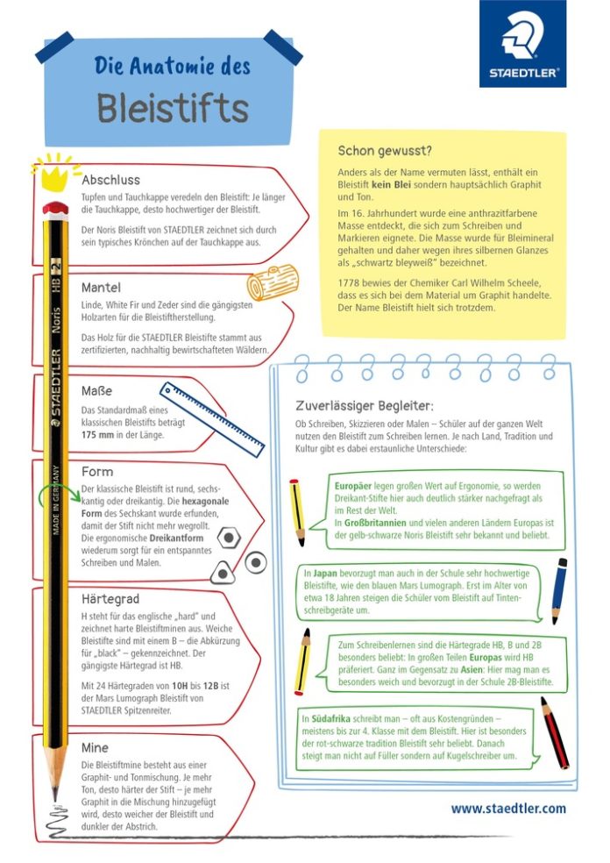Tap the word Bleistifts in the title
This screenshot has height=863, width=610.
173,109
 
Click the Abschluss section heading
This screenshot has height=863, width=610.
110,180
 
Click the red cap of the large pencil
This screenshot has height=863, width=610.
55,210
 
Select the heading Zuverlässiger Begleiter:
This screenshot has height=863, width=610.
365,405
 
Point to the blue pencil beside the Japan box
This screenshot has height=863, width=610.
559,589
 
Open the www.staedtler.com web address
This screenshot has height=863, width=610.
508,808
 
